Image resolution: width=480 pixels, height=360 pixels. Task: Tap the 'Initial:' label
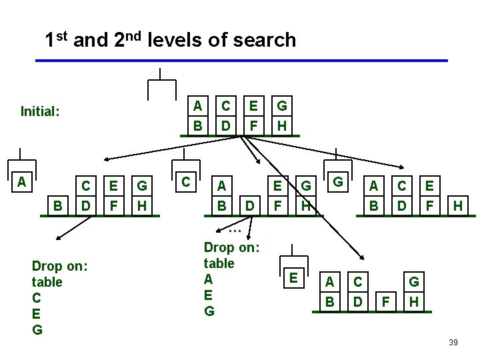point(40,111)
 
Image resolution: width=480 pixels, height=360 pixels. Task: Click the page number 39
point(453,343)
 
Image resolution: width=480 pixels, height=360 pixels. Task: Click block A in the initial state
point(197,105)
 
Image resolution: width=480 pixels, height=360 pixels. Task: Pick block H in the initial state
point(282,125)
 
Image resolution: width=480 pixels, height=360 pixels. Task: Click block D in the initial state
point(226,125)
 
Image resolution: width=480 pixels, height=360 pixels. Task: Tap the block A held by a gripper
point(22,181)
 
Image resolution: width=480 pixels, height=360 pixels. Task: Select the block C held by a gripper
point(187,181)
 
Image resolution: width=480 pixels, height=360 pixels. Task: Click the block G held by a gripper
point(338,181)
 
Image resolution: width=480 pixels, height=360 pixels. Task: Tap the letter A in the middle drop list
point(208,279)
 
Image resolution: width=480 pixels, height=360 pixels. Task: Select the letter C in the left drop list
point(36,297)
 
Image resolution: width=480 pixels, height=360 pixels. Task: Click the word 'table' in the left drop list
point(47,281)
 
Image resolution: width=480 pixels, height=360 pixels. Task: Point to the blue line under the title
point(240,61)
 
